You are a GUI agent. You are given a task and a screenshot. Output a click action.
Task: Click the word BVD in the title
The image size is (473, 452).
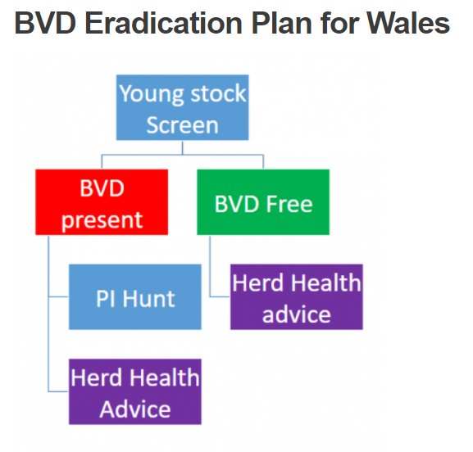[x=45, y=23]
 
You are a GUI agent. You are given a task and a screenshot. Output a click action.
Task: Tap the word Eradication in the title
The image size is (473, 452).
[x=163, y=23]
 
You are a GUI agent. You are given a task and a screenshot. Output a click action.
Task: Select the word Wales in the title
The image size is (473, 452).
[x=408, y=23]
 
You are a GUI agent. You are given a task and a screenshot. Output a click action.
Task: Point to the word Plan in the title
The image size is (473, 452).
[x=282, y=23]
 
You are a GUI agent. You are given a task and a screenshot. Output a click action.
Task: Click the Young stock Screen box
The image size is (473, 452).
[x=183, y=107]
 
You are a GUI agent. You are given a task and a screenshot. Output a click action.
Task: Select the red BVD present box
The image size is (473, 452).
[x=102, y=202]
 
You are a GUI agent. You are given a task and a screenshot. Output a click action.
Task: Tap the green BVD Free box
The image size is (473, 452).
[x=263, y=202]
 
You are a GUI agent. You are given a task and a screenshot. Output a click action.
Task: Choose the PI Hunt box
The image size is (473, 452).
[x=134, y=296]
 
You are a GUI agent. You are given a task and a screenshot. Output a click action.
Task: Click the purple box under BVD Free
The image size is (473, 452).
[x=297, y=296]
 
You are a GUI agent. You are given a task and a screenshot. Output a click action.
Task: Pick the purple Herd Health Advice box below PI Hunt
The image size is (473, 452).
[x=134, y=391]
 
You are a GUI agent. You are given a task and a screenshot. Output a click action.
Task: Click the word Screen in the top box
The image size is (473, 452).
[x=183, y=125]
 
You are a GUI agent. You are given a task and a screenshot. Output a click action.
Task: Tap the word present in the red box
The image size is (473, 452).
[x=102, y=220]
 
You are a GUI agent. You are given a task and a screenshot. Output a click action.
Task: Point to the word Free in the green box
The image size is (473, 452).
[x=289, y=204]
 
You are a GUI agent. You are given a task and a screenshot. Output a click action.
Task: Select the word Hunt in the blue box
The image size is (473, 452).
[x=148, y=299]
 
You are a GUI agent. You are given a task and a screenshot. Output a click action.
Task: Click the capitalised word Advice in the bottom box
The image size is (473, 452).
[x=135, y=409]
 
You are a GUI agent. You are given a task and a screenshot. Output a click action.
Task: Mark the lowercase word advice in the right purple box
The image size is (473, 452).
[x=297, y=314]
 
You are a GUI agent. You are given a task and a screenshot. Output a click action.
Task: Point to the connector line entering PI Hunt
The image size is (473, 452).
[x=58, y=296]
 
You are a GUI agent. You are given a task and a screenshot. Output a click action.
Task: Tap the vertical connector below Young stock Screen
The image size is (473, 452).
[x=183, y=147]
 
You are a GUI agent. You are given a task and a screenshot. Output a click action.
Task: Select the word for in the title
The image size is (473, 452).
[x=339, y=23]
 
